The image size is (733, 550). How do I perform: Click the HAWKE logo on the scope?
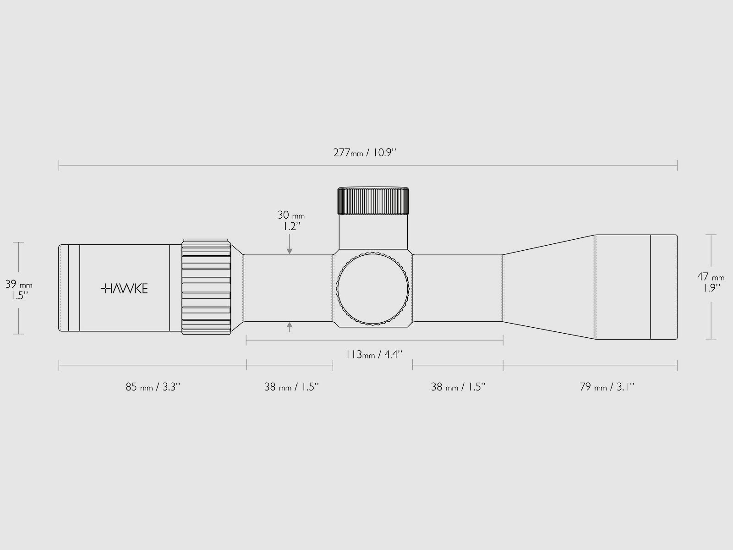tap(124, 288)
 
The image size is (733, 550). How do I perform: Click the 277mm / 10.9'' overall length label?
tap(365, 153)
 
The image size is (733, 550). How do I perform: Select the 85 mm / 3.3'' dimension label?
tap(153, 387)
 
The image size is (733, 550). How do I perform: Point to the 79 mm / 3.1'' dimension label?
tap(607, 387)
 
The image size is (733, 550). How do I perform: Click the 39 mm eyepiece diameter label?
tap(19, 284)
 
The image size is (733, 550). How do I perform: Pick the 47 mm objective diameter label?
tap(711, 277)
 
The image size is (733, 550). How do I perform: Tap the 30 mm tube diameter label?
tap(290, 215)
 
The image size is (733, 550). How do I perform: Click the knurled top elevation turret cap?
tap(373, 201)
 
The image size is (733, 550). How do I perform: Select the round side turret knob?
tap(372, 288)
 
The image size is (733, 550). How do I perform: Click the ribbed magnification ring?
tap(206, 287)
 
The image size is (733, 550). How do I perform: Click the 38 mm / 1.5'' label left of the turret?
tap(291, 387)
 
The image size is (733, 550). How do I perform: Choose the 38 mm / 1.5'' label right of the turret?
tap(458, 387)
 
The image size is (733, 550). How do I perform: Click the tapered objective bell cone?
tap(550, 287)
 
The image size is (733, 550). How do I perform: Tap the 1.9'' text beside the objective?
tap(711, 288)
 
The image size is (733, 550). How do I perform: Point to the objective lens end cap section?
tap(663, 287)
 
